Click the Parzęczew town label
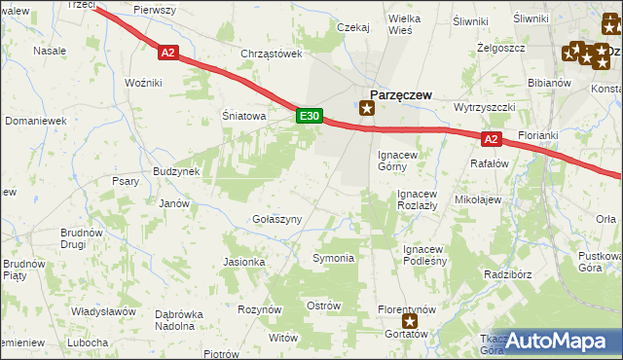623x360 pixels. [399, 95]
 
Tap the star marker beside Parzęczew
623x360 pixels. [367, 108]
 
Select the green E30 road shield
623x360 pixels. [309, 117]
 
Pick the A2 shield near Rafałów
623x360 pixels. [491, 139]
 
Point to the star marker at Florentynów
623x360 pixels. [411, 320]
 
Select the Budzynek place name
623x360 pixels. [176, 171]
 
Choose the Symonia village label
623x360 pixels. [333, 258]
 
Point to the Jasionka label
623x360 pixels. [244, 262]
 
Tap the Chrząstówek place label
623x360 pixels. [272, 54]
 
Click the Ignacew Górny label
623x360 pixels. [398, 160]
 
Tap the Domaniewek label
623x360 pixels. [34, 121]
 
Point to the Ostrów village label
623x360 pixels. [323, 306]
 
